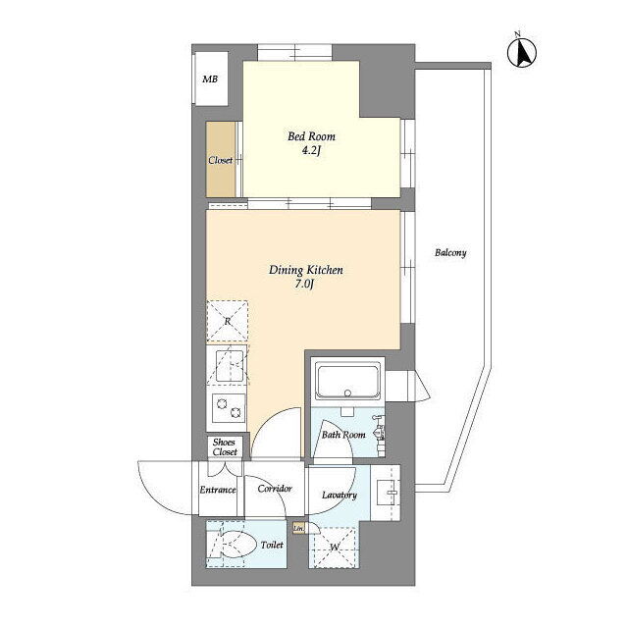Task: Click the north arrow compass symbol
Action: point(522,52)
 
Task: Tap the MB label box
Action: point(211,78)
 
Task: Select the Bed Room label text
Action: point(311,136)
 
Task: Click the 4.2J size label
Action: point(311,151)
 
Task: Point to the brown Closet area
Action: point(221,159)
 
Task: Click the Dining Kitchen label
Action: point(305,270)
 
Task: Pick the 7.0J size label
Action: point(304,285)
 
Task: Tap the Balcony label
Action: point(450,253)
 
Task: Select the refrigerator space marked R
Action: point(227,321)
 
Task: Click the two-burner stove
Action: point(229,407)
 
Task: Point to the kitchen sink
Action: point(230,366)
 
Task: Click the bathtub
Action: point(347,381)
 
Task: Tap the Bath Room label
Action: point(343,435)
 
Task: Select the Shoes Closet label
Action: point(225,447)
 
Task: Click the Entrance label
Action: point(218,490)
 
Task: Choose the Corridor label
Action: point(275,489)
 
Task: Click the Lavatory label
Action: point(340,495)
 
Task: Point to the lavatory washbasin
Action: point(387,493)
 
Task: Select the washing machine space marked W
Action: point(335,548)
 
